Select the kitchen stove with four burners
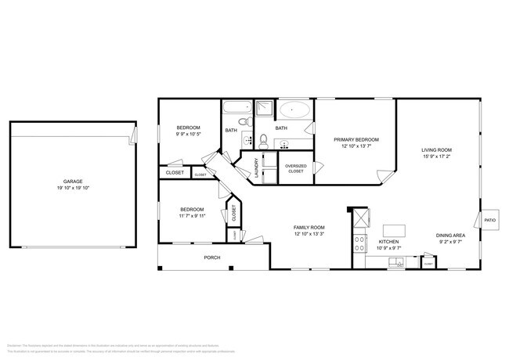click(x=361, y=243)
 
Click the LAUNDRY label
click(x=256, y=168)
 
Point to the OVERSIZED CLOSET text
click(x=296, y=168)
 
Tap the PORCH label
click(x=211, y=257)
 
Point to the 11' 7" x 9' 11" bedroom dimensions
click(x=193, y=216)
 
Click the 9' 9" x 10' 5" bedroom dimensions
click(x=187, y=134)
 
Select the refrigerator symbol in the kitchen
click(x=361, y=217)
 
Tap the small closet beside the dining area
click(x=428, y=265)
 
